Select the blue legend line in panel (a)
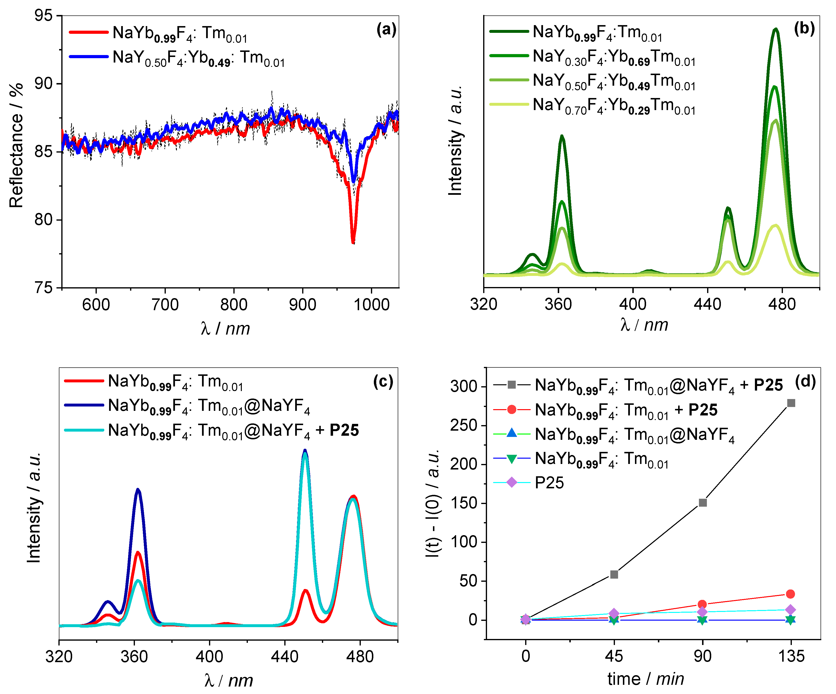[88, 56]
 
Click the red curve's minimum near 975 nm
[353, 241]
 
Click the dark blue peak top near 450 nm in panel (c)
[305, 450]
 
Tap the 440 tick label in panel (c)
[284, 656]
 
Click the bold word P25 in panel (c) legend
[344, 430]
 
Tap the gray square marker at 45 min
[614, 574]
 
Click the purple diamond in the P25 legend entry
[512, 483]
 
